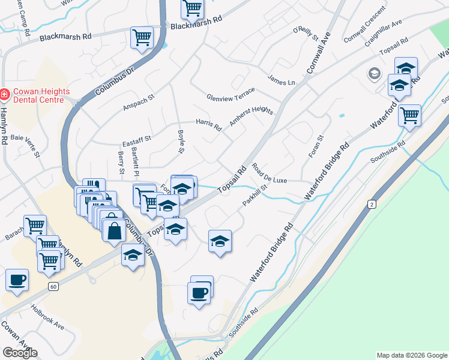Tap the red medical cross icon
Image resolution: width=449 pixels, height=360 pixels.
[x=4, y=95]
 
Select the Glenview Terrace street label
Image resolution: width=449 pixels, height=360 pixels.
[x=231, y=94]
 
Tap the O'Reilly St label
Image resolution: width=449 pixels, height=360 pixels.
[x=305, y=33]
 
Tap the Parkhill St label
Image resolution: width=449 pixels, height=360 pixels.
[x=255, y=196]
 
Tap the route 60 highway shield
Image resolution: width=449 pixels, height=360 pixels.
[x=54, y=287]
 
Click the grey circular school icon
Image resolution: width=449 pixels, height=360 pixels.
[x=375, y=74]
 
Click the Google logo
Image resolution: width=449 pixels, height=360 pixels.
[x=20, y=353]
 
